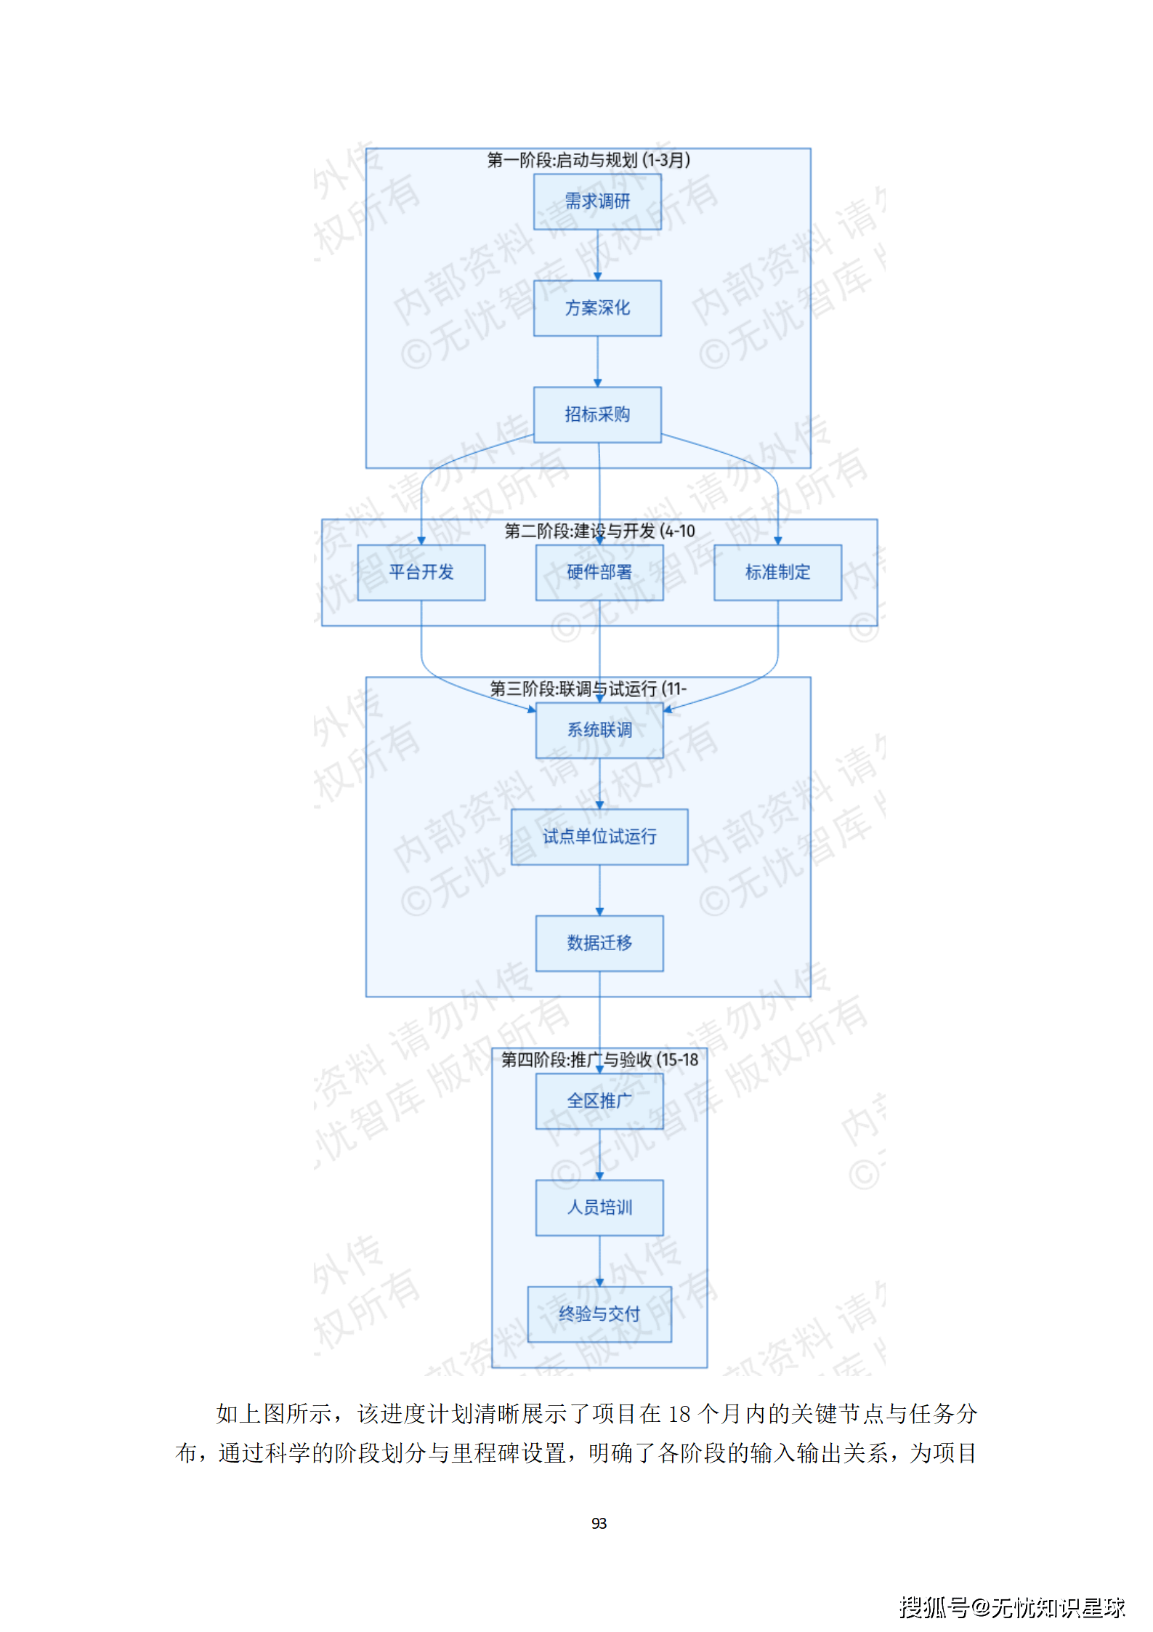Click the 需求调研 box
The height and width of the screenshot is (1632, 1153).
pos(597,201)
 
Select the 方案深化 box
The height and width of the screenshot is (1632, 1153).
pos(597,308)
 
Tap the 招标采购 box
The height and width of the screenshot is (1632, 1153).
pos(597,414)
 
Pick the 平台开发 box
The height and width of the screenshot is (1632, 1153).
pos(421,573)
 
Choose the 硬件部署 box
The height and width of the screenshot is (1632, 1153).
pos(599,573)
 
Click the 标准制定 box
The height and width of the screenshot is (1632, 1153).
pos(777,573)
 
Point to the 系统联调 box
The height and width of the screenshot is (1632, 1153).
pos(599,730)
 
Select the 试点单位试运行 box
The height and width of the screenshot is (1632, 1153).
pos(599,837)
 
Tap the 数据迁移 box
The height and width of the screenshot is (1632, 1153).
pos(599,943)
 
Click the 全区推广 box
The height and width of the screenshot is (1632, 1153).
pos(599,1101)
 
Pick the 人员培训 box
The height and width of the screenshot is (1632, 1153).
pos(599,1207)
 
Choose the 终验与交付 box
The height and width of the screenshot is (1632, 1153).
pos(599,1314)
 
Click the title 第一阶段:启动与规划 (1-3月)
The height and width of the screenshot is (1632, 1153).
pos(588,160)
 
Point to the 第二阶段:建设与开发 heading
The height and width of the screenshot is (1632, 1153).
pos(599,531)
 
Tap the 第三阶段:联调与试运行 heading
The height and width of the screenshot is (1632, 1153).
pos(588,688)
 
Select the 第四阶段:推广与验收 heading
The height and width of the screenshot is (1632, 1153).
pos(599,1060)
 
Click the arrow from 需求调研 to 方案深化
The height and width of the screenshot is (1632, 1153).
pos(598,255)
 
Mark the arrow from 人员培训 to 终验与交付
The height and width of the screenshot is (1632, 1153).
pos(599,1261)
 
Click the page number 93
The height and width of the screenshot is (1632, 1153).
pos(599,1523)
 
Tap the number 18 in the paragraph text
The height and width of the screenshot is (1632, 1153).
pos(679,1414)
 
